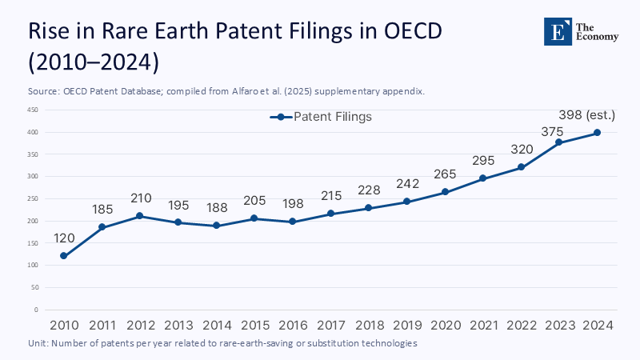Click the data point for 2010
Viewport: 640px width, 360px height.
[x=63, y=256]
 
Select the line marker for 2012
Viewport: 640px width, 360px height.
[x=140, y=216]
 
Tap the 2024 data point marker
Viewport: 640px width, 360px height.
[x=597, y=133]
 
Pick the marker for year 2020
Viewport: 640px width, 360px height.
[x=445, y=192]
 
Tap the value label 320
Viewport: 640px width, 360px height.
[x=521, y=149]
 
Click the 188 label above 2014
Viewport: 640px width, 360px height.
[x=216, y=208]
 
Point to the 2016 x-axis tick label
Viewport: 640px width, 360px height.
[x=292, y=325]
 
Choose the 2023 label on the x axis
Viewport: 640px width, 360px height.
[x=559, y=325]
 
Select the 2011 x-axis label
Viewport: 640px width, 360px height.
[x=102, y=325]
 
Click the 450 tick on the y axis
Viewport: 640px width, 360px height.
[x=33, y=110]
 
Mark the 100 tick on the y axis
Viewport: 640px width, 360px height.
[x=33, y=265]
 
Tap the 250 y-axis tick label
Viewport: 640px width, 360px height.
[x=33, y=198]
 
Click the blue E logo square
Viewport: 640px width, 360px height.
[x=558, y=30]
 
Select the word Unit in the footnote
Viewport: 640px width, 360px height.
[x=38, y=342]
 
